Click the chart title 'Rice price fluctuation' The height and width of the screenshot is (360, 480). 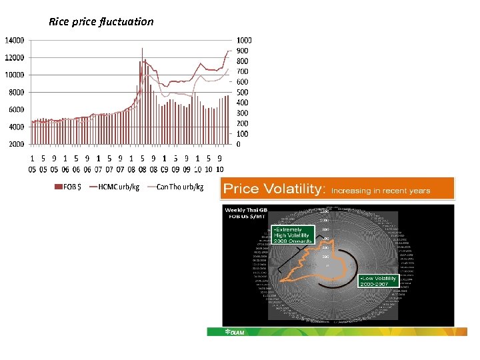point(101,21)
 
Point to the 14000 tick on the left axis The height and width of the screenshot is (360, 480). point(15,41)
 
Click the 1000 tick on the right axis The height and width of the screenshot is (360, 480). point(244,41)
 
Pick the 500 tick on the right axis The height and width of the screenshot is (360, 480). point(242,92)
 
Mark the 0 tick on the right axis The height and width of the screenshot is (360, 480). point(239,144)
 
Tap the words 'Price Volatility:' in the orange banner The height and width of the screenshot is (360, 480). point(274,189)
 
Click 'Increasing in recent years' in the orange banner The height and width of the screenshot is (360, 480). point(381,191)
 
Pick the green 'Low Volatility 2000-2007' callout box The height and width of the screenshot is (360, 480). point(378,281)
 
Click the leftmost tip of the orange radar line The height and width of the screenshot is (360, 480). point(280,281)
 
